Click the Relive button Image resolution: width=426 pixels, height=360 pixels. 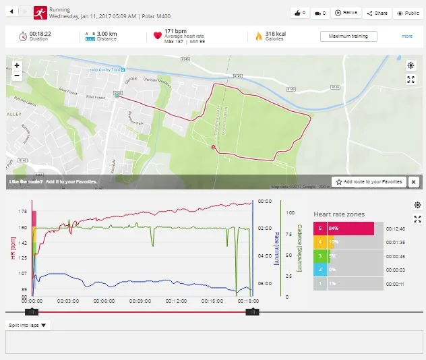(347, 13)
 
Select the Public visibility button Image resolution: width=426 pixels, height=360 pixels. (407, 13)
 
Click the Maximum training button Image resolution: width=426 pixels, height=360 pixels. (348, 36)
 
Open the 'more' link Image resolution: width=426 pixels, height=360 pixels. (407, 36)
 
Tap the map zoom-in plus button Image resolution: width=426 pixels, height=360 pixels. (17, 65)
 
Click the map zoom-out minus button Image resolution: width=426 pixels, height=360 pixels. (17, 76)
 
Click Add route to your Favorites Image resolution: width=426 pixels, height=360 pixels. (368, 182)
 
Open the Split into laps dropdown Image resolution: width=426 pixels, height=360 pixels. (28, 325)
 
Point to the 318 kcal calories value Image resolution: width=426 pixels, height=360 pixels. (274, 33)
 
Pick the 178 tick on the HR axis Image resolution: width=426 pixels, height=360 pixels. (23, 211)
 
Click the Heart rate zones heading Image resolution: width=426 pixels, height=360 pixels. (338, 214)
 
